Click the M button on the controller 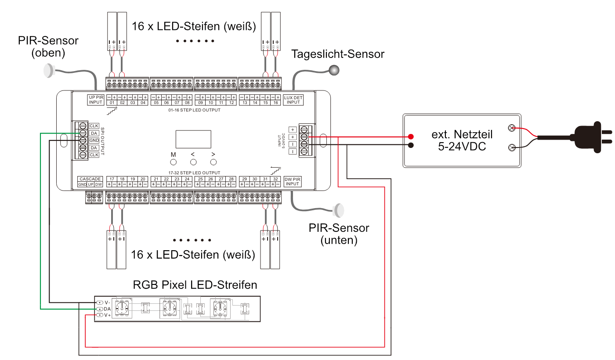(173, 162)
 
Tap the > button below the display (213, 162)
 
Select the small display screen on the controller (193, 139)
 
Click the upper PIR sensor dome (49, 70)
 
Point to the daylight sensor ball (335, 69)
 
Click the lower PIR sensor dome (340, 210)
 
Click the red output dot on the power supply (411, 136)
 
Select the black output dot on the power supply (411, 145)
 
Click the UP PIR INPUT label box (95, 100)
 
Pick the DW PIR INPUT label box (293, 181)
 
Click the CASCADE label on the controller (90, 179)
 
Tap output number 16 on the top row (275, 103)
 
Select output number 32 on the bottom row (275, 179)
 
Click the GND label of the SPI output (94, 140)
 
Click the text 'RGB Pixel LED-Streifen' (195, 285)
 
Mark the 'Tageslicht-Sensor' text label (338, 54)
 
